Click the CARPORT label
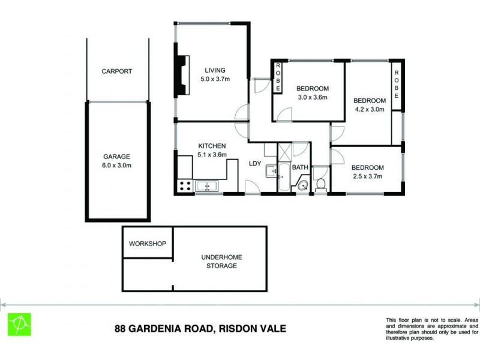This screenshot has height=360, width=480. click(116, 71)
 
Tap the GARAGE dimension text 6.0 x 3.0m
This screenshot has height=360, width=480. click(117, 166)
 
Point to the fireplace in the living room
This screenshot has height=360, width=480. click(181, 75)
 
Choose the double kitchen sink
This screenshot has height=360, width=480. click(206, 186)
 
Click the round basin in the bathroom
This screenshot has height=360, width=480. click(303, 185)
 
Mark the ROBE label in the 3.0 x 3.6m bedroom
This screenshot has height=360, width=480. click(278, 77)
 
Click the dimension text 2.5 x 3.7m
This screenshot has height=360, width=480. click(367, 176)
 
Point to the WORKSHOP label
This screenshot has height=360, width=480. click(148, 244)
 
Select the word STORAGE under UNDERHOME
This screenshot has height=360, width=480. click(221, 266)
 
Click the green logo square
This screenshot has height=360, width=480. click(19, 325)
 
